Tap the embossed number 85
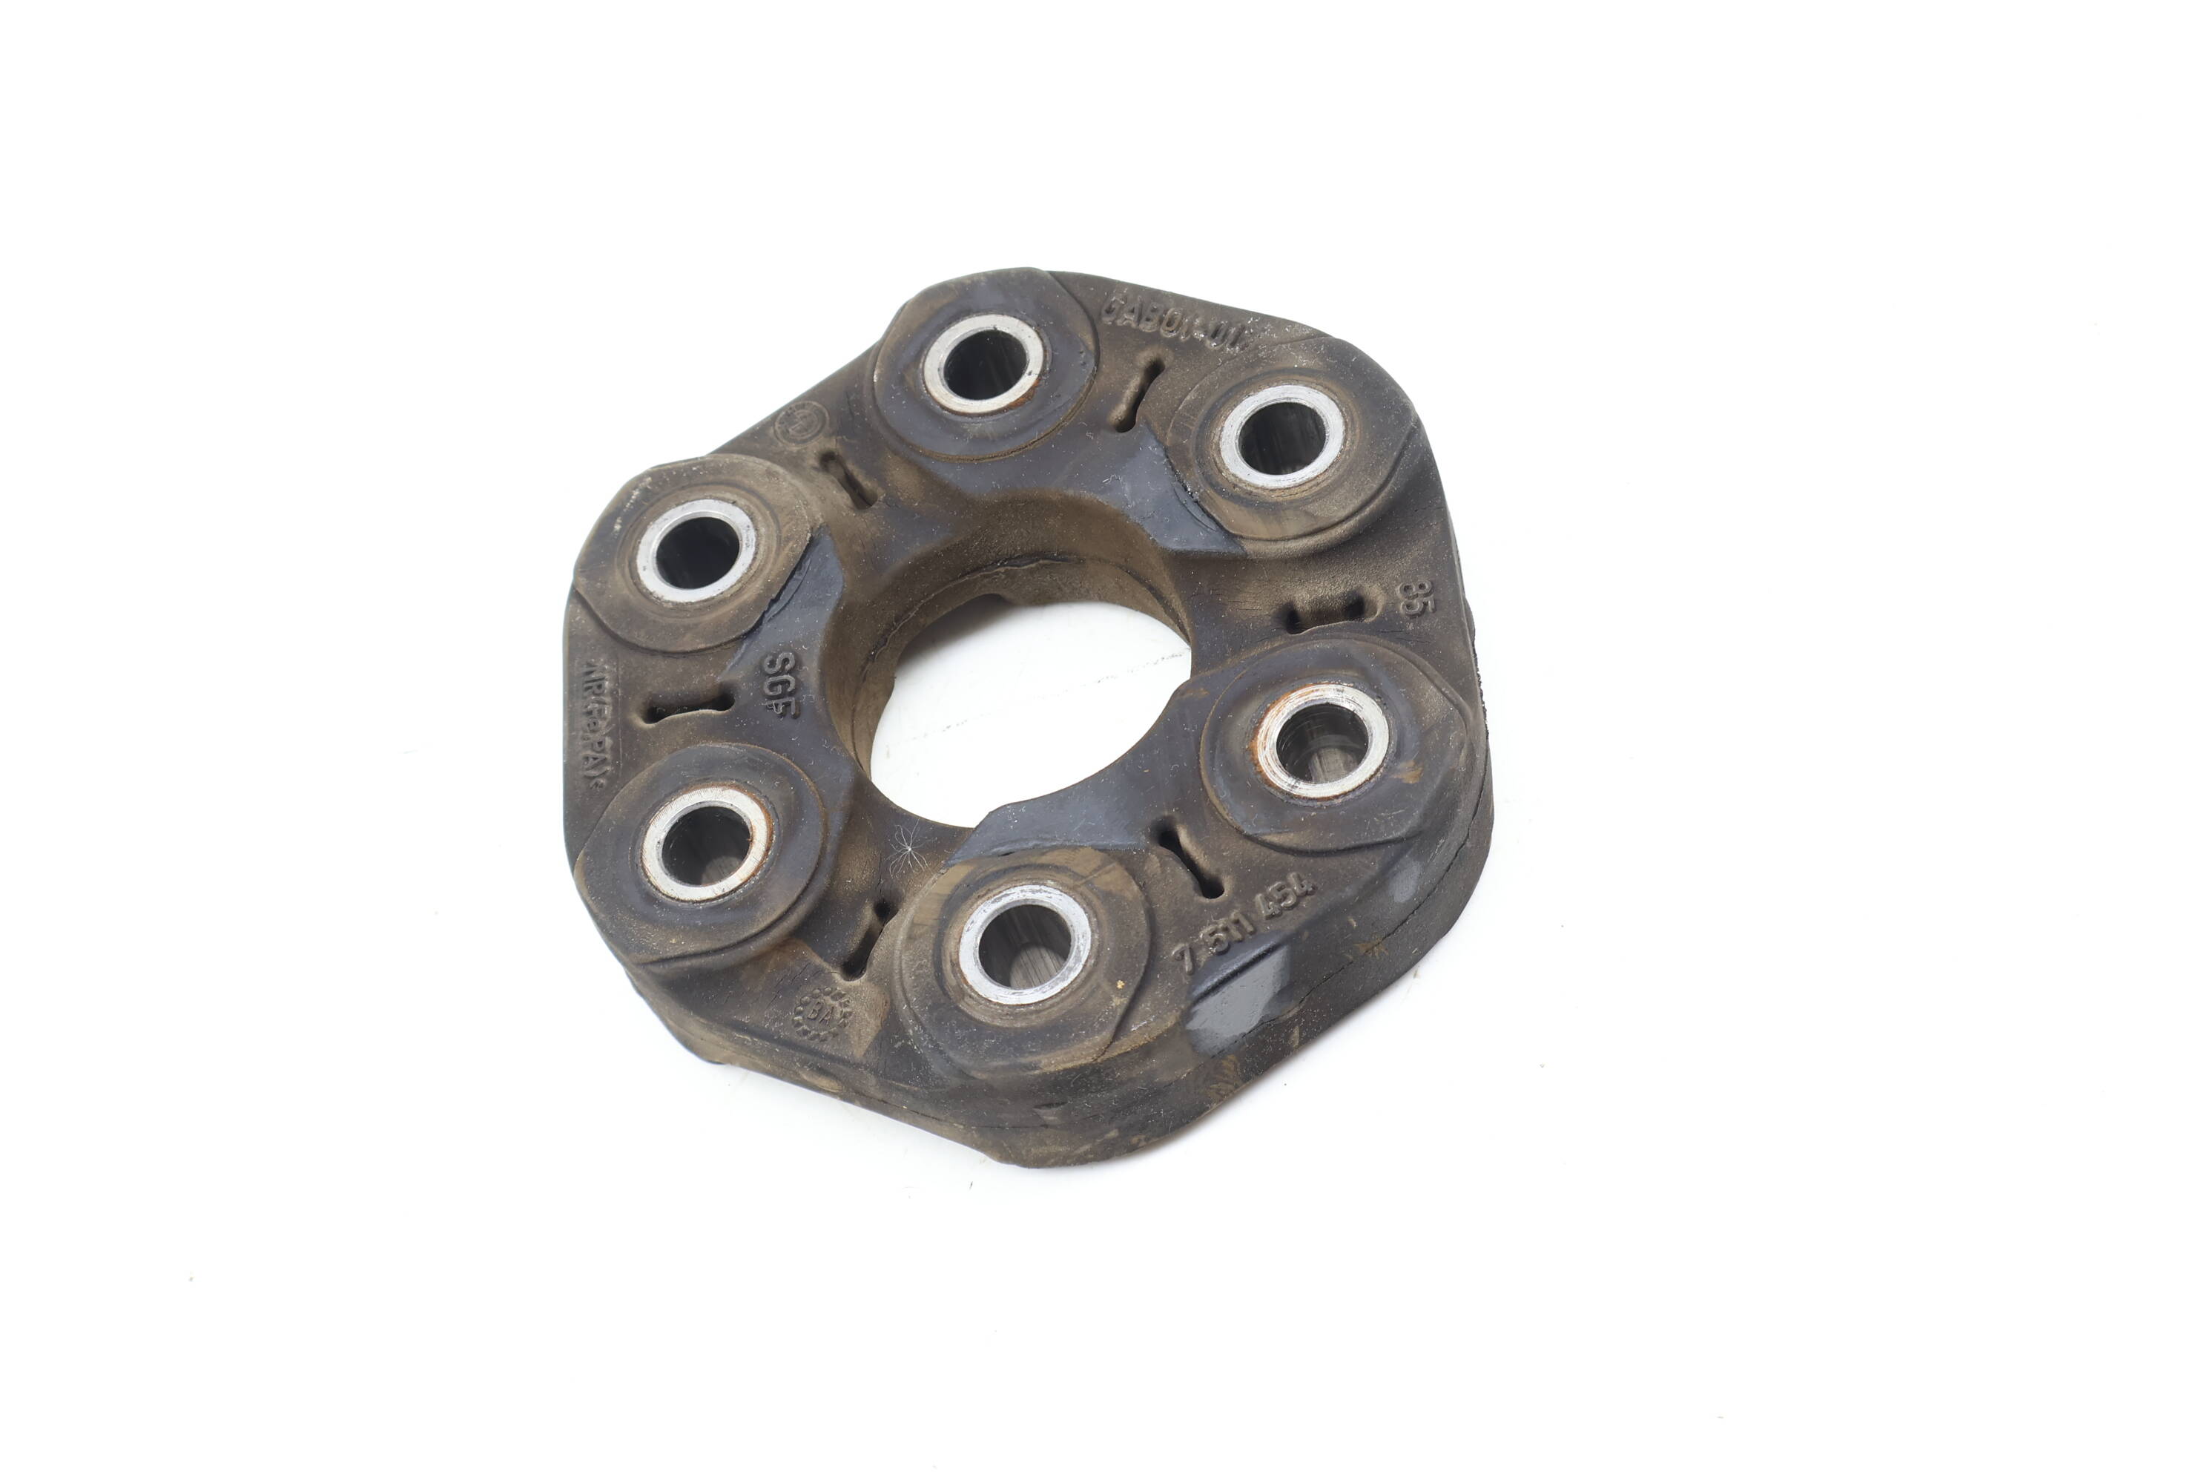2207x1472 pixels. [1408, 597]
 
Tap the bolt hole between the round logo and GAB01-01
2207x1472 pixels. [983, 364]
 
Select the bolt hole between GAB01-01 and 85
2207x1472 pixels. [1281, 436]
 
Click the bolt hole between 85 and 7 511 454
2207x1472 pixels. [1323, 737]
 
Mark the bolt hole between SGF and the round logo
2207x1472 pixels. [696, 550]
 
